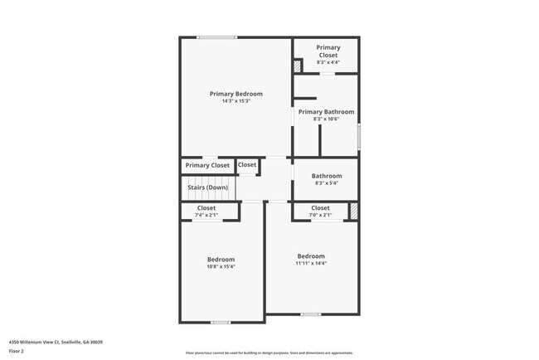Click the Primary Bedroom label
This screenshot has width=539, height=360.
click(x=236, y=94)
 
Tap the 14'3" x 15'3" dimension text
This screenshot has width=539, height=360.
click(x=236, y=101)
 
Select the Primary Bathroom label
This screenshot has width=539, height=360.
click(x=326, y=112)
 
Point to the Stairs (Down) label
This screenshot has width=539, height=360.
click(x=207, y=187)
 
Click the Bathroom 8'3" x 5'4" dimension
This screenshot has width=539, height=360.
click(x=327, y=183)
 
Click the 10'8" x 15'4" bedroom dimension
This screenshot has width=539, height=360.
click(x=221, y=267)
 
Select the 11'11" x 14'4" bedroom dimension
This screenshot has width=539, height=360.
click(x=311, y=264)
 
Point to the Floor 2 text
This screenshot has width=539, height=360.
click(x=17, y=351)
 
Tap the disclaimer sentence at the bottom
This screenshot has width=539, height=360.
click(x=269, y=353)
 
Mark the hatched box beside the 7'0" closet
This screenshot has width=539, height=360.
click(x=354, y=212)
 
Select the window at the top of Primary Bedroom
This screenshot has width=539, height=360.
click(x=216, y=36)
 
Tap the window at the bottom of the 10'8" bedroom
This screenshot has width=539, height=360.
click(x=220, y=322)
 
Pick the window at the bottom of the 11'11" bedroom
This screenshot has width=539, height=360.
click(x=311, y=314)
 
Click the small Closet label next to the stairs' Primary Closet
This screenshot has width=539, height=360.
click(x=247, y=165)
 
